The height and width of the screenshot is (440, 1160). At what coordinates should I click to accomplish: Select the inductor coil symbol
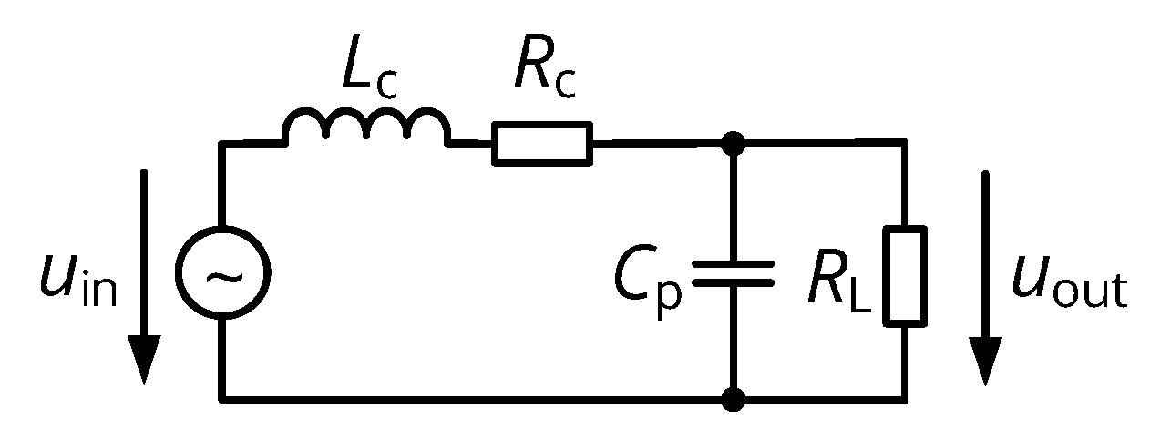click(x=366, y=128)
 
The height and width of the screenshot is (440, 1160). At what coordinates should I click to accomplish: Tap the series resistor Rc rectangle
click(x=541, y=143)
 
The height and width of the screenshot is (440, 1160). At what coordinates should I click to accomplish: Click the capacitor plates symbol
click(x=733, y=272)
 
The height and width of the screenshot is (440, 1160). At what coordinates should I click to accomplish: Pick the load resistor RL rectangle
click(x=906, y=275)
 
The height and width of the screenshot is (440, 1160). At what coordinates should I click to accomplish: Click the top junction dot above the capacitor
click(x=733, y=143)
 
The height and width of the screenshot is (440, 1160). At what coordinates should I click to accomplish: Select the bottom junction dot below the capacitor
click(x=733, y=398)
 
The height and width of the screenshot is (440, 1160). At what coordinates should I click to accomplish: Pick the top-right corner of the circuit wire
click(x=906, y=143)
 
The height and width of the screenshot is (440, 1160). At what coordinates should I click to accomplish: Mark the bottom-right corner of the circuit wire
click(x=906, y=398)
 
